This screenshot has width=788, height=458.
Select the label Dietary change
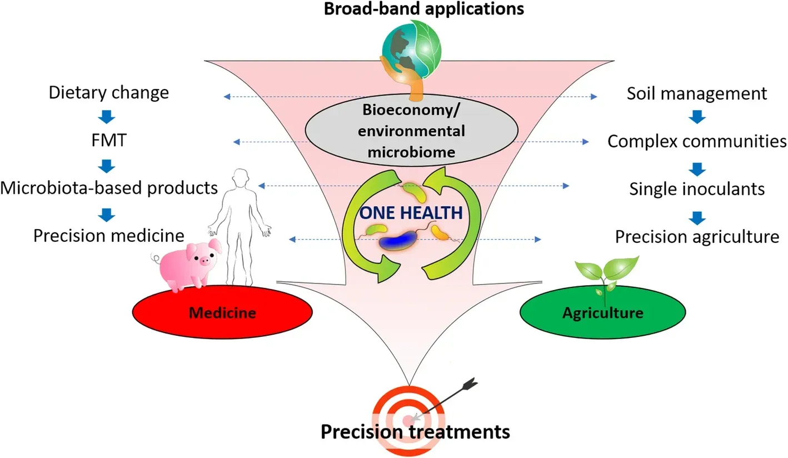tap(108, 92)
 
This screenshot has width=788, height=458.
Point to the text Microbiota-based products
tap(109, 188)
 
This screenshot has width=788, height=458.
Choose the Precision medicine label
tap(109, 236)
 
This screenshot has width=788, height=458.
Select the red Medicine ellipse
tap(222, 312)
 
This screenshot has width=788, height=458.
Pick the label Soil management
tap(696, 93)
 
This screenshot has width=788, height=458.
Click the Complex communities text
tap(696, 141)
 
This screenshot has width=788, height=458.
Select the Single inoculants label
tap(697, 189)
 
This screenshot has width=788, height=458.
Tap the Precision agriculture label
tap(697, 237)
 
